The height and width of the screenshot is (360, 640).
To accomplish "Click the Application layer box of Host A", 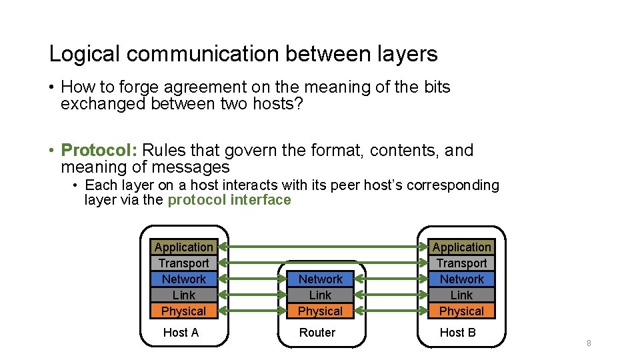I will click(183, 247).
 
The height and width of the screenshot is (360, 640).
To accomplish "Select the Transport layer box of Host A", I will click(183, 263).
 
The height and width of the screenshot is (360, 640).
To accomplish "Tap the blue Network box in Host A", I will click(183, 279).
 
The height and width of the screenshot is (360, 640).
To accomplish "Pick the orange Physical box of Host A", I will click(183, 311).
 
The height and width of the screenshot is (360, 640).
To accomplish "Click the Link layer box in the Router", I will click(320, 295).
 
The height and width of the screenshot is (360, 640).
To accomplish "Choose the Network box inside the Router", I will click(320, 279).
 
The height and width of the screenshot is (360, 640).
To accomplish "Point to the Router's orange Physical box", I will click(320, 311).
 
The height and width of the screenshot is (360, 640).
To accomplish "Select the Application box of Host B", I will click(461, 247).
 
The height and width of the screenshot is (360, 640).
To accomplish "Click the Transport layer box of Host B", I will click(461, 263).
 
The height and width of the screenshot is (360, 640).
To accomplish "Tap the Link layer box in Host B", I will click(461, 295).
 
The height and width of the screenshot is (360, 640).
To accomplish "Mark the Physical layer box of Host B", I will click(461, 311).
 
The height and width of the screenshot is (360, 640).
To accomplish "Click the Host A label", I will click(181, 333).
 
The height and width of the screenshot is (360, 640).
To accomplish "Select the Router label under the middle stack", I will click(317, 333).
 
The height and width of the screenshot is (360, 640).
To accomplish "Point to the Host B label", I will click(457, 333).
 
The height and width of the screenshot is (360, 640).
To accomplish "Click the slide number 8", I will click(589, 343).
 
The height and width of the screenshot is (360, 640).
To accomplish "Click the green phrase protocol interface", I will click(229, 200).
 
